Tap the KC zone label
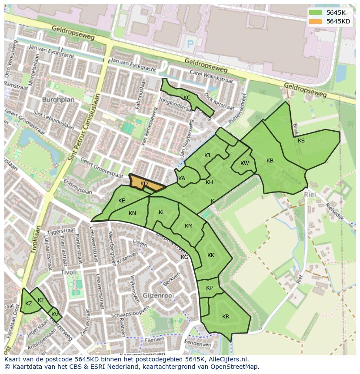coord(187,98)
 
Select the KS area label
coord(301,140)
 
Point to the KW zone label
coord(245,163)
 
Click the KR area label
coord(226,317)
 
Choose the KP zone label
coord(210,288)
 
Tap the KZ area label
coord(29,304)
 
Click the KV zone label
coord(55,314)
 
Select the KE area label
coord(122,201)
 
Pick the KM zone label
coord(189,226)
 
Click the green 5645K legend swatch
coord(316,13)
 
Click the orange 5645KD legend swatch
coord(316,21)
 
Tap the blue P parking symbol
coord(190,43)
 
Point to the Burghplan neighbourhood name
coord(58,99)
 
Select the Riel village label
coord(310,195)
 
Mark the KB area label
coord(270,161)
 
